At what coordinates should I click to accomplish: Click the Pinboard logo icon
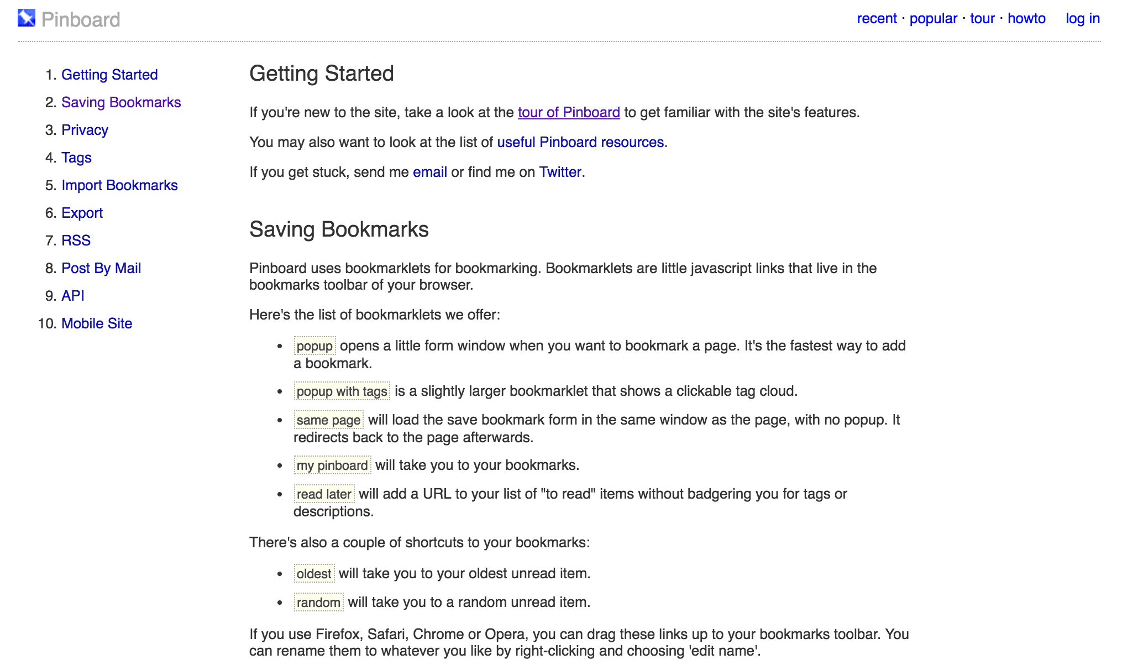tap(27, 18)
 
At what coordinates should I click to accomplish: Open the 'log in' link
tap(1082, 18)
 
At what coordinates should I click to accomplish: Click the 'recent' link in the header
tap(877, 18)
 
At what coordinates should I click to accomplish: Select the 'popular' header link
tap(933, 18)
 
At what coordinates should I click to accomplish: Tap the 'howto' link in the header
tap(1026, 18)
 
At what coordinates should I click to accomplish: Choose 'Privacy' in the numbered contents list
tap(85, 130)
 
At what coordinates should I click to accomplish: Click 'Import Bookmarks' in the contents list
tap(119, 185)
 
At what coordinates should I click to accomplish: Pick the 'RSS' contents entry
tap(76, 240)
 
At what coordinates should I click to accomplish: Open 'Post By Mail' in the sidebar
tap(101, 268)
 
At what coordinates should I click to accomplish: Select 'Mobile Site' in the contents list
tap(97, 323)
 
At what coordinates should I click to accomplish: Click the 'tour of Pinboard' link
tap(569, 112)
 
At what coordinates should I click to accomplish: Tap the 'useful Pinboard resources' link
tap(580, 142)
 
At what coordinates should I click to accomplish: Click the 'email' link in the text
tap(429, 172)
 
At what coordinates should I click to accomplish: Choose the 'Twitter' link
tap(560, 172)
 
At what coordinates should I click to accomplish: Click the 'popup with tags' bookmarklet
tap(342, 391)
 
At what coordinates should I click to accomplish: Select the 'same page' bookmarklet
tap(328, 420)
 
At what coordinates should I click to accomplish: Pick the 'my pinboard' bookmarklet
tap(332, 465)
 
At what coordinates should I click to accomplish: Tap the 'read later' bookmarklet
tap(324, 494)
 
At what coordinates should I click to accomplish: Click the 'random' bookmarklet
tap(318, 603)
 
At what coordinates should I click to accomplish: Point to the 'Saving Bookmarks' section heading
tap(339, 229)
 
